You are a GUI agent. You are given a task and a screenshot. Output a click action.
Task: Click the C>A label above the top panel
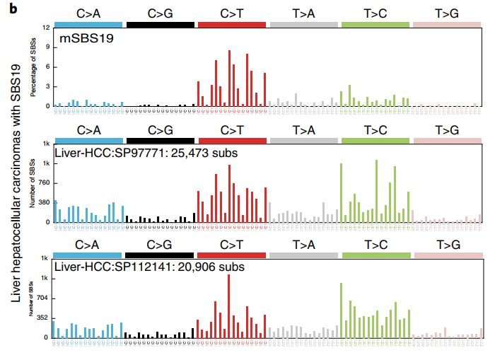(x=88, y=12)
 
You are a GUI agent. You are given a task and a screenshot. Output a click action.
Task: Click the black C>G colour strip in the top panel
(x=160, y=24)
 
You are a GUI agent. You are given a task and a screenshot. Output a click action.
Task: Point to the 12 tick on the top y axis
(x=45, y=28)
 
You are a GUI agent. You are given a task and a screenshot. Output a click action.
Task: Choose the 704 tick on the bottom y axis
(x=42, y=298)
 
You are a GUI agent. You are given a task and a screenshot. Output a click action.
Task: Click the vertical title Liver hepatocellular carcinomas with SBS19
(x=16, y=180)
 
